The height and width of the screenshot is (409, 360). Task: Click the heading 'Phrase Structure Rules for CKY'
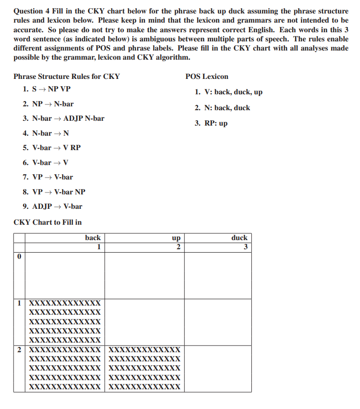(66, 77)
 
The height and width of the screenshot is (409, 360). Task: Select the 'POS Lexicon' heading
(206, 77)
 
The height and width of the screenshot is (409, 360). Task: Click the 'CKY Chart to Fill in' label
(48, 222)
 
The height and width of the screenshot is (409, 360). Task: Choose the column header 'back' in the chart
(93, 238)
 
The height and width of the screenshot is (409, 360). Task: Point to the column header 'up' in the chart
(176, 238)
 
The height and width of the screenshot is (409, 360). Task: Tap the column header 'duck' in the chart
(239, 238)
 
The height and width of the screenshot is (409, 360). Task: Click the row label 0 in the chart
(19, 257)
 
